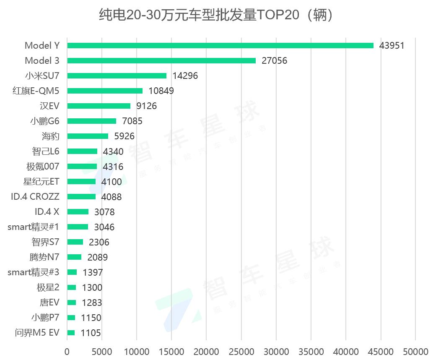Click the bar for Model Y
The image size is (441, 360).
coord(220,45)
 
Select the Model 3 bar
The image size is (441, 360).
coord(161,60)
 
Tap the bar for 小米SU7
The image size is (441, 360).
coord(117,76)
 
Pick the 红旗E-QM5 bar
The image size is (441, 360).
coord(105,91)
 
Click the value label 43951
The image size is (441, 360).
coord(392,45)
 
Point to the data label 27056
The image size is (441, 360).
coord(274,60)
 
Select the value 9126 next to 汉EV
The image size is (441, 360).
coord(146,106)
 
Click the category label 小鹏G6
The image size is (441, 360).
coord(44,121)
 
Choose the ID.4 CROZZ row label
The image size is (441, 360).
coord(35,197)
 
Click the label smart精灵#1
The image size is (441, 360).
coord(34,227)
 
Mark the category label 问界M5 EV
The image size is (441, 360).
coord(37,333)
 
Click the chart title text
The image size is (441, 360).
coord(216,16)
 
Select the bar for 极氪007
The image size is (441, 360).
coord(82,167)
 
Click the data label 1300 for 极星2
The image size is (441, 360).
coord(92,287)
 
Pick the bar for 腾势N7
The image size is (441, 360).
coord(74,257)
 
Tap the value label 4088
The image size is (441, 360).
coord(112,197)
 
